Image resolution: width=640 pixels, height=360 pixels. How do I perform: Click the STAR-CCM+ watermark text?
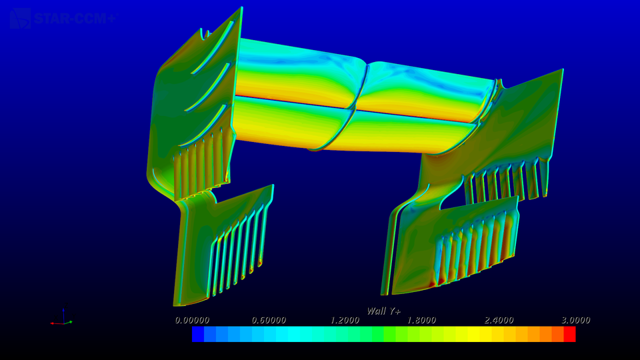[x=75, y=18]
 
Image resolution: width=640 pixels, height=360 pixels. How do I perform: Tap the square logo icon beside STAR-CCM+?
[x=20, y=18]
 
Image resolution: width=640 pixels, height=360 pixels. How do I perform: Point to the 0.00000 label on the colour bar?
[x=192, y=320]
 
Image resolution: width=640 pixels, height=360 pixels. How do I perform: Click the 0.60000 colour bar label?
[x=269, y=320]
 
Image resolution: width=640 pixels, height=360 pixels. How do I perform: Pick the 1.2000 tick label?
[x=345, y=320]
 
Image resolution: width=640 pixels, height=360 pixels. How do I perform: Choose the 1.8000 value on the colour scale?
[x=422, y=320]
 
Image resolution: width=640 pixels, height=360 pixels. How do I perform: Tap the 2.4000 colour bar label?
[x=499, y=320]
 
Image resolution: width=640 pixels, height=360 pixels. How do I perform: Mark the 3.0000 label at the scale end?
[x=575, y=320]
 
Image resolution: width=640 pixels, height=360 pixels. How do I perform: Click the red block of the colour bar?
[x=569, y=334]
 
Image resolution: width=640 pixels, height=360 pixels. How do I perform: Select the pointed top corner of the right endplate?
[x=562, y=69]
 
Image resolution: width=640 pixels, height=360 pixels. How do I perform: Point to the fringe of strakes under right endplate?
[x=510, y=181]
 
